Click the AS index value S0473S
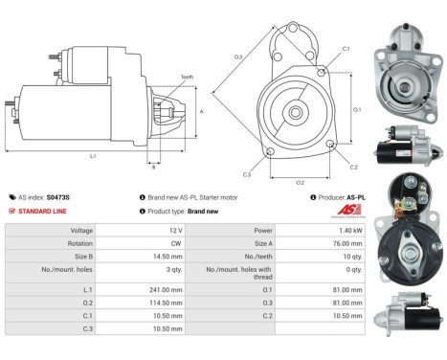(57, 195)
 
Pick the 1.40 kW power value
(348, 231)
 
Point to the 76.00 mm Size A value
(347, 244)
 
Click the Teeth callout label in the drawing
(188, 77)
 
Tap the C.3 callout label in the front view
(247, 174)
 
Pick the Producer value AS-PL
(354, 195)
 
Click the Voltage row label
(80, 231)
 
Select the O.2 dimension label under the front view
(299, 181)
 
